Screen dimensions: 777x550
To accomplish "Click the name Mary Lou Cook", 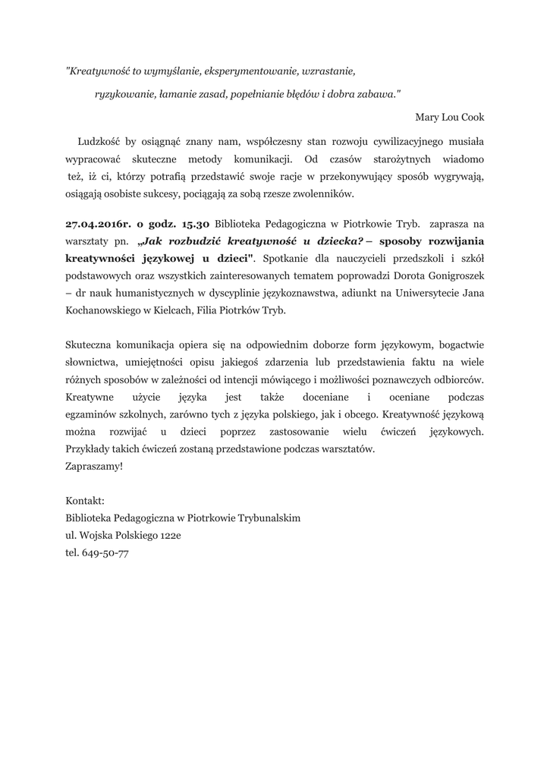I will tap(449, 118).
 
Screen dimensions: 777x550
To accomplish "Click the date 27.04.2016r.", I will tap(99, 225).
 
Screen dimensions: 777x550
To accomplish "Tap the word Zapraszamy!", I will tap(94, 467).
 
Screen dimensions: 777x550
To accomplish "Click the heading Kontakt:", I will tap(86, 501).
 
